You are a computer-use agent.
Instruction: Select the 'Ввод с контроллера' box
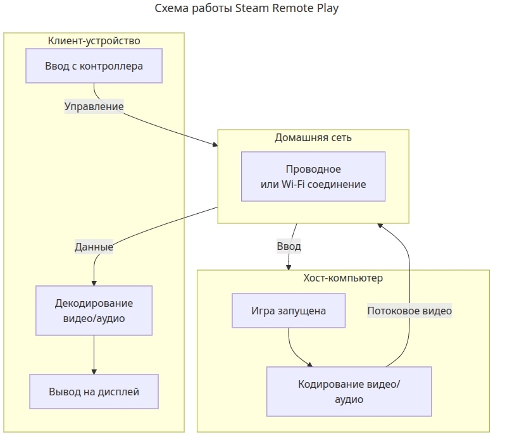pos(94,66)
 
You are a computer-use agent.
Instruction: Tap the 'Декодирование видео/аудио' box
pos(94,311)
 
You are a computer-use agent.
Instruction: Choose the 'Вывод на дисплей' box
pos(94,392)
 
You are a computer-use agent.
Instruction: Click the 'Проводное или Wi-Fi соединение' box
pos(313,176)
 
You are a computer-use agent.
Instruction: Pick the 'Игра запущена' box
pos(289,311)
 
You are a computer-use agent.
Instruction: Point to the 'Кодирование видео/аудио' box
pos(349,392)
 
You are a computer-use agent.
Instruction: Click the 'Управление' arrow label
pos(94,106)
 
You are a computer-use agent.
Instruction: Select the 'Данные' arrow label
pos(94,247)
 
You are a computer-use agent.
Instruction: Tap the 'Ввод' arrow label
pos(289,246)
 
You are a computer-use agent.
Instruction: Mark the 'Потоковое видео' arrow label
pos(409,311)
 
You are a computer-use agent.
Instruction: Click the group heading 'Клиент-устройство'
pos(94,41)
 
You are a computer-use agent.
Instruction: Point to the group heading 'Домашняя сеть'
pos(313,137)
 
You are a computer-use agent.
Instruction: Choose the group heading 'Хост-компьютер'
pos(343,278)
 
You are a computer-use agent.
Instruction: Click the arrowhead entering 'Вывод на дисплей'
pos(94,371)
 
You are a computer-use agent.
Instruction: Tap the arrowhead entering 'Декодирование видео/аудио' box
pos(94,282)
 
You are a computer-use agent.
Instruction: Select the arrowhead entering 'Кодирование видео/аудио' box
pos(309,364)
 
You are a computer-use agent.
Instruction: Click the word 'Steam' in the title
pos(249,9)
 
